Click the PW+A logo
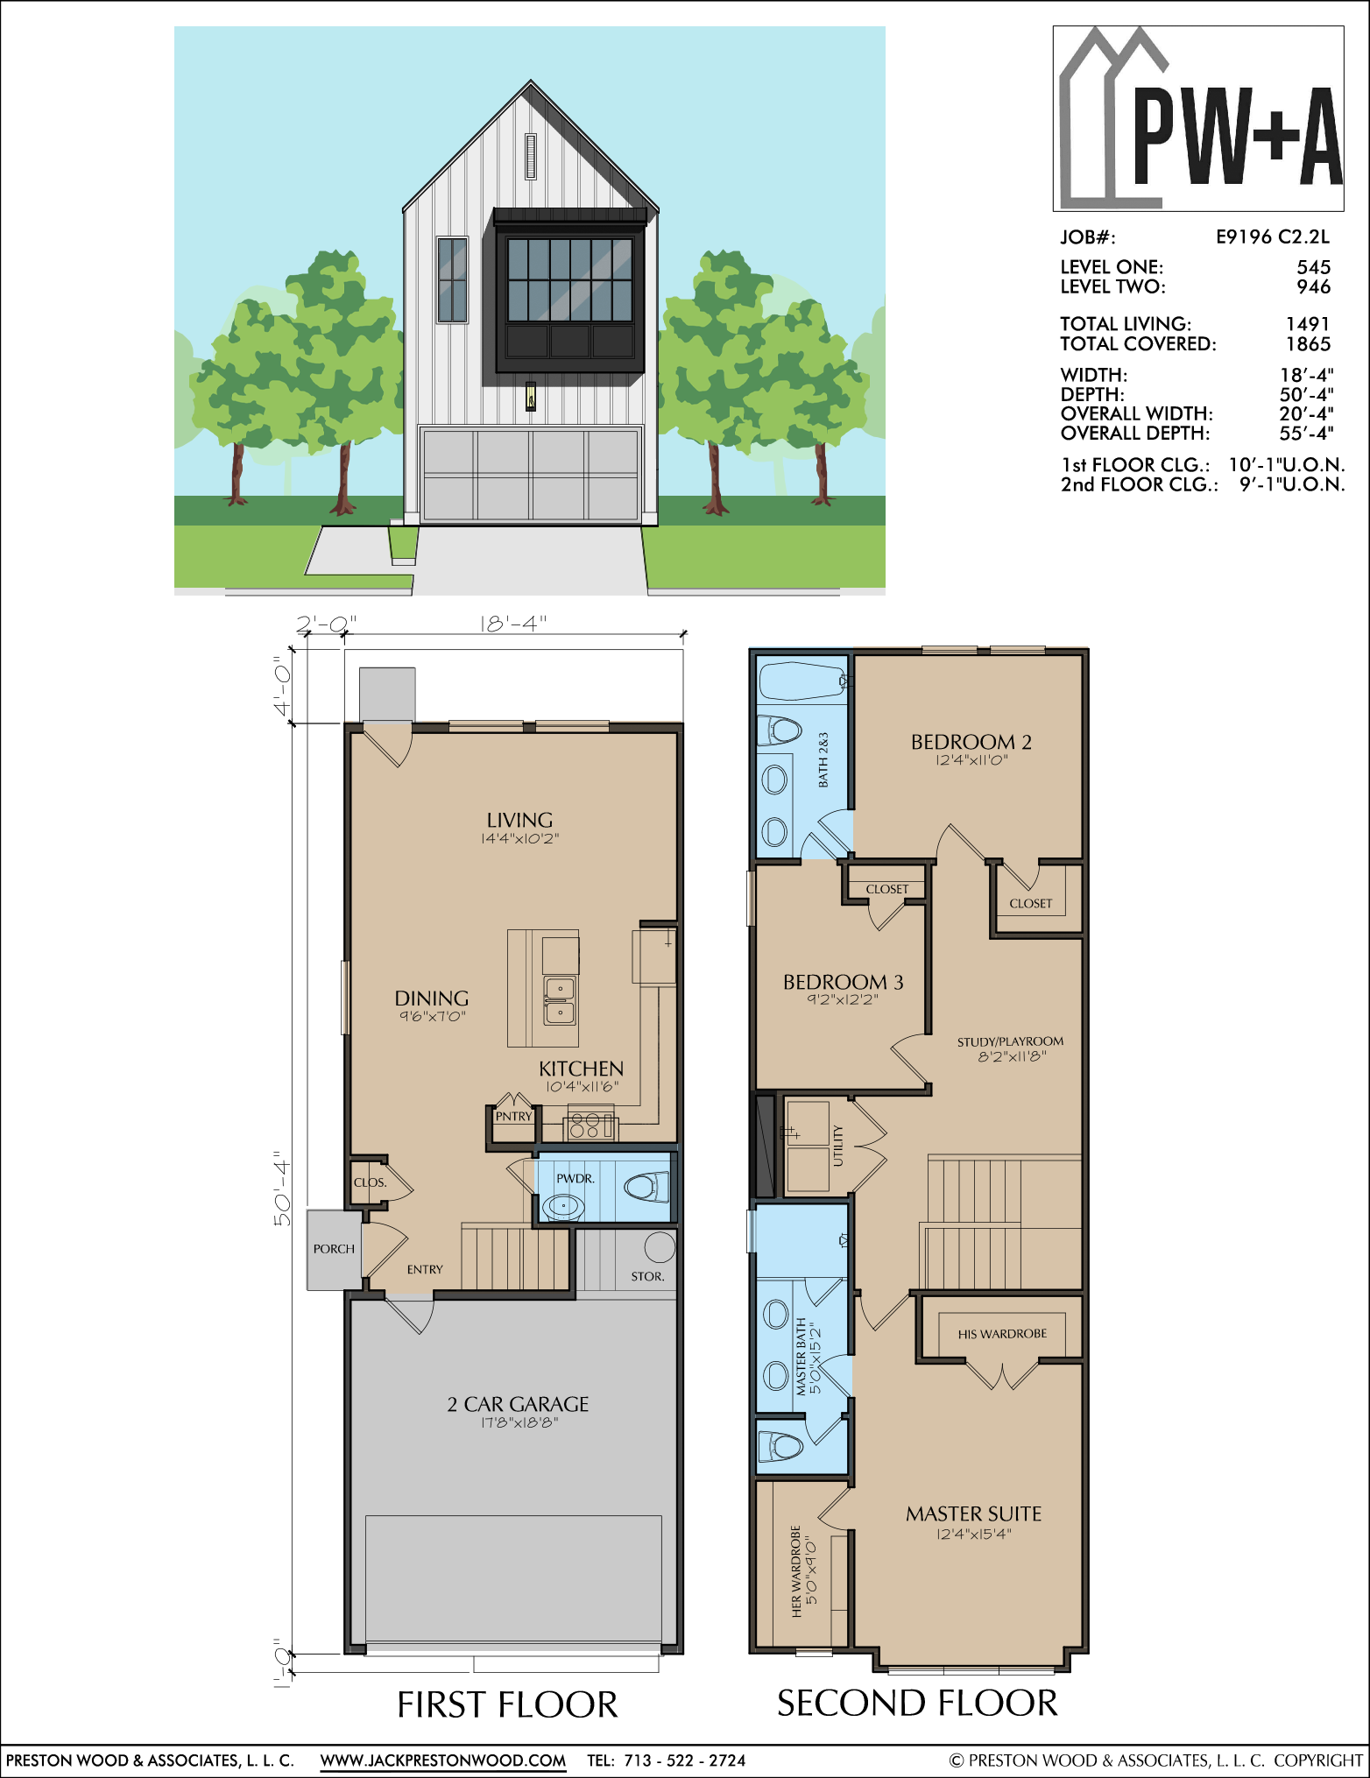coord(1198,118)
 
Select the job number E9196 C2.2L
coord(1272,236)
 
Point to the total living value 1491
coord(1308,324)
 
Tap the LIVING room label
coord(519,820)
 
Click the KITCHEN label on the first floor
coord(581,1069)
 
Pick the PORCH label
coord(334,1249)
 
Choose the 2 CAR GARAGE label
coord(518,1404)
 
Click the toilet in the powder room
coord(646,1188)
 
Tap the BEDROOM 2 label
coord(971,742)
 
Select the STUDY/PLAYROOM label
coord(1010,1041)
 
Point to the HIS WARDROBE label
coord(1002,1334)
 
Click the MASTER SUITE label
coord(974,1513)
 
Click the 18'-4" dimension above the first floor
coord(513,623)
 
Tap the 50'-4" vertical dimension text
coord(282,1188)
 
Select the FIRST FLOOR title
coord(507,1705)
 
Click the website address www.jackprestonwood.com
coord(443,1760)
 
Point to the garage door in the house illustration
coord(531,474)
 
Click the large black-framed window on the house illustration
coord(569,298)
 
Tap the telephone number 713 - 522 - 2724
coord(685,1760)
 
